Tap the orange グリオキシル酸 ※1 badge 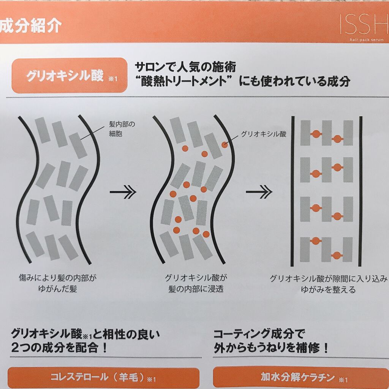[70, 76]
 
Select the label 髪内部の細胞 [122, 129]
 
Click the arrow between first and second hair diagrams [123, 192]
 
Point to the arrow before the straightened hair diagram [259, 192]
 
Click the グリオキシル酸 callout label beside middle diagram [264, 134]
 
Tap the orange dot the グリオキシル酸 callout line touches [225, 145]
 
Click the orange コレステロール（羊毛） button [103, 378]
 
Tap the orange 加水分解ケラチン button [301, 378]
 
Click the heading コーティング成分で [259, 334]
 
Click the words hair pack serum [367, 40]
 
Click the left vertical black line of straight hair [293, 191]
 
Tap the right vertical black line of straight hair [361, 191]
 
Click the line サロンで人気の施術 [185, 67]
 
